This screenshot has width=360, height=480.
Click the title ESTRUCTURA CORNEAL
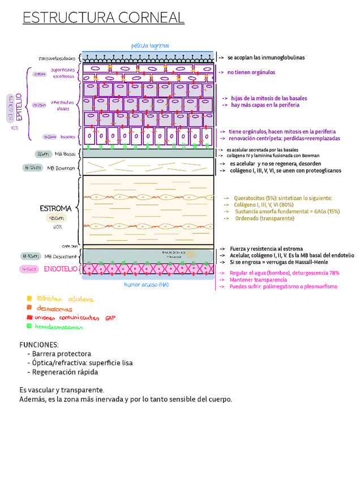[x=104, y=18]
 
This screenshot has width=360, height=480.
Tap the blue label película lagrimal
[x=150, y=45]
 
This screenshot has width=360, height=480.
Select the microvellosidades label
[x=57, y=58]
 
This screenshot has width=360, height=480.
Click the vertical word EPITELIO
[x=18, y=107]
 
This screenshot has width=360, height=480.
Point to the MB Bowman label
[x=61, y=168]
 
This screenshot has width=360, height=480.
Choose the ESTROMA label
[x=56, y=208]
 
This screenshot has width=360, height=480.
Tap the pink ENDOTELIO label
[x=61, y=269]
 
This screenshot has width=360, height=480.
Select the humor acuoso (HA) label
[x=147, y=284]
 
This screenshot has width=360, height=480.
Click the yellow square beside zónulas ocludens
[x=29, y=298]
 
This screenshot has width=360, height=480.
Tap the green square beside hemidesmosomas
[x=29, y=326]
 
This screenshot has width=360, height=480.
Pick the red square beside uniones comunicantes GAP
[x=29, y=317]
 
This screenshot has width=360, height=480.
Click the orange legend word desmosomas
[x=55, y=309]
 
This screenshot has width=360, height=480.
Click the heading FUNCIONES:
[x=38, y=345]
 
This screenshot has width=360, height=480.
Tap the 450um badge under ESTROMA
[x=57, y=218]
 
